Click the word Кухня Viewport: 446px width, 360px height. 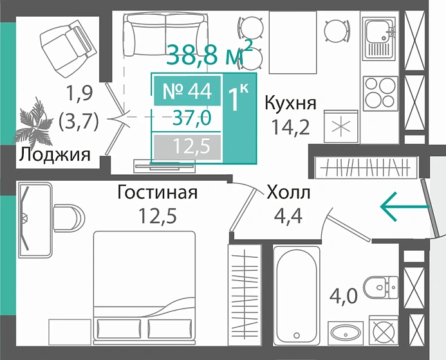290,103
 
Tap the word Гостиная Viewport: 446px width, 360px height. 157,192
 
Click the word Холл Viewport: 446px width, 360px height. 288,192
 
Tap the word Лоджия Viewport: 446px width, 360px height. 53,154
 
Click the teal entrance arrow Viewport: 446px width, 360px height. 404,207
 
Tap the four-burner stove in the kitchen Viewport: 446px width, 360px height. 379,92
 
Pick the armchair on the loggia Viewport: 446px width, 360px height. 66,40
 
